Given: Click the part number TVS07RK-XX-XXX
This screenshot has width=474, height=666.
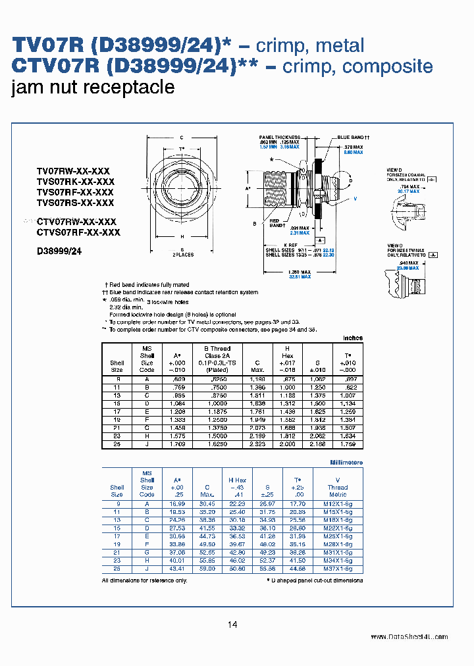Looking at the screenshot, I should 75,181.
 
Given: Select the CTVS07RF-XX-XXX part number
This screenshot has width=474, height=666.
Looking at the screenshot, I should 78,232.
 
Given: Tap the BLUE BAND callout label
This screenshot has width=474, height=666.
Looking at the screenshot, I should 354,138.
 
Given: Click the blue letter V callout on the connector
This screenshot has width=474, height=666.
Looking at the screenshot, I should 355,197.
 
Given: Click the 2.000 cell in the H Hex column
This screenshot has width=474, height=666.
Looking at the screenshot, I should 288,445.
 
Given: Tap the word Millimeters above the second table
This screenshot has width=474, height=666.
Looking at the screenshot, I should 346,463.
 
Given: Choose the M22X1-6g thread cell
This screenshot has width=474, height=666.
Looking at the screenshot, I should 338,528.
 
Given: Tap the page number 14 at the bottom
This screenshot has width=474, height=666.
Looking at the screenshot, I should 232,625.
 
